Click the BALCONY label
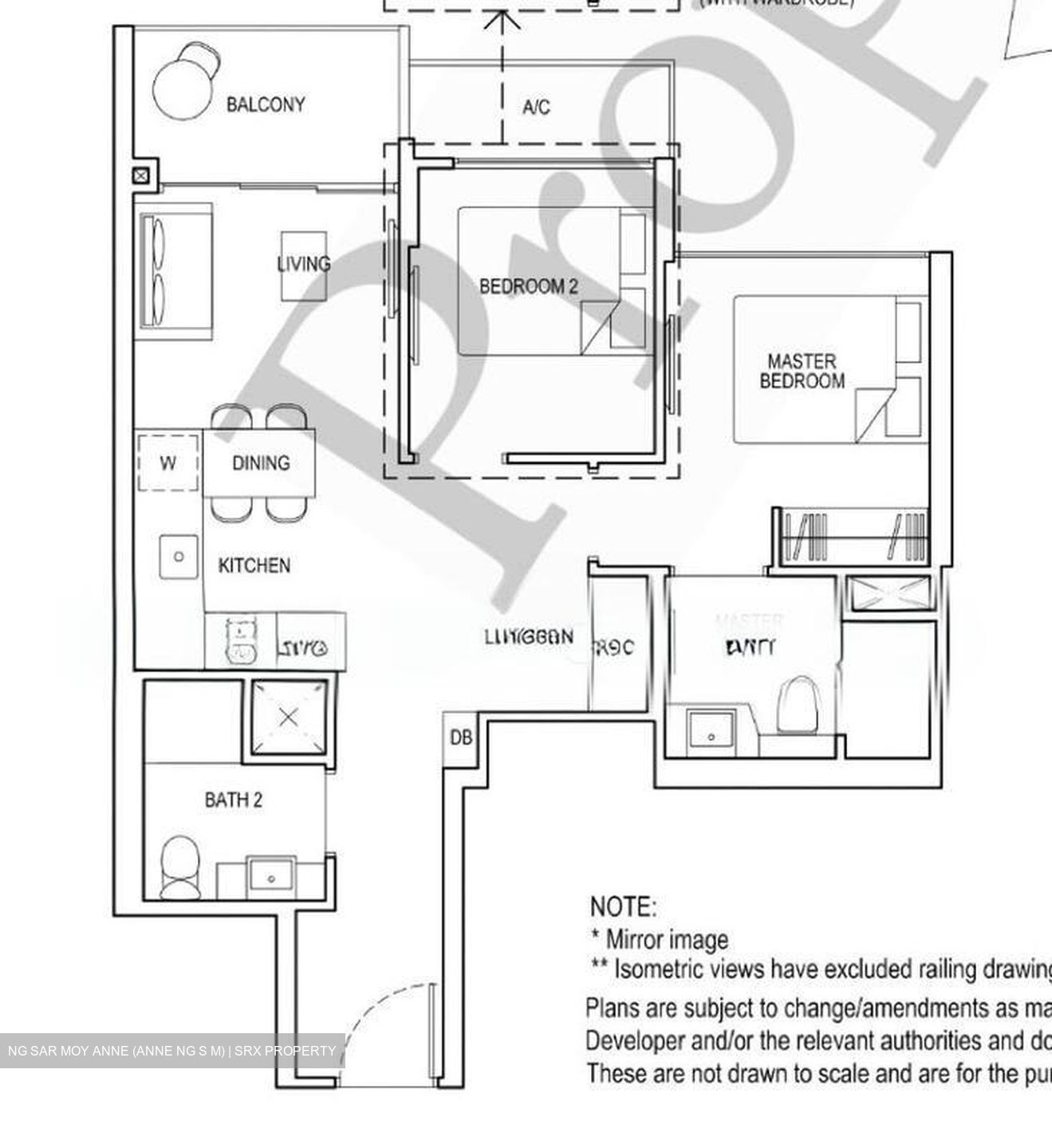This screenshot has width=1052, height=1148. (x=265, y=104)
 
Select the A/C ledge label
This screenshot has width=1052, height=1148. (x=536, y=107)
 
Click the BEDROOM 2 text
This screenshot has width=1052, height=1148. (x=528, y=286)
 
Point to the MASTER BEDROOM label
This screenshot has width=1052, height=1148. (x=802, y=372)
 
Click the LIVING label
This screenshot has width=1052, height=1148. (x=303, y=264)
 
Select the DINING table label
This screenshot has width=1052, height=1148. (x=261, y=462)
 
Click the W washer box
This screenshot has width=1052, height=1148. (x=167, y=462)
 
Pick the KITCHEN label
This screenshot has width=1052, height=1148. (x=254, y=565)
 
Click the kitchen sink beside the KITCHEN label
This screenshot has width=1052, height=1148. (x=179, y=556)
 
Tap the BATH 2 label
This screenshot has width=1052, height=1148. (x=233, y=800)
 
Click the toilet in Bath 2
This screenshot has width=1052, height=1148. (x=180, y=868)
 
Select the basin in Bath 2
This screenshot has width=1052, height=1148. (x=271, y=875)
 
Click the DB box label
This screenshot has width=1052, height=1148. (x=461, y=737)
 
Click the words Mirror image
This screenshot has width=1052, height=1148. (x=667, y=939)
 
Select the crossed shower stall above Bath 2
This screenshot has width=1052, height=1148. (x=289, y=717)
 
